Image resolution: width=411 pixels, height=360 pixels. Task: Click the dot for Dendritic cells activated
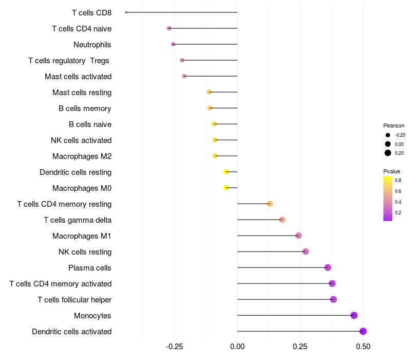363,331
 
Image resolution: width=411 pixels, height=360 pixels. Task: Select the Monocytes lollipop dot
354,315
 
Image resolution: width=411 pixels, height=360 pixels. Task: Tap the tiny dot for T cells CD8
126,12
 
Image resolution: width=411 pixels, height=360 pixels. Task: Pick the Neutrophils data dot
173,44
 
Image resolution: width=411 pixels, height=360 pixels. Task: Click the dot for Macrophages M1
298,236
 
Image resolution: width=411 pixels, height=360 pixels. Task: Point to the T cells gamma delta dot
282,220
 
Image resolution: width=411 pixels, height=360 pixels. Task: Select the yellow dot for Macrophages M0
226,188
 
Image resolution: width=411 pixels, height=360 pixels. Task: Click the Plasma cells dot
328,267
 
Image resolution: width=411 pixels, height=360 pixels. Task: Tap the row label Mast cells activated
78,77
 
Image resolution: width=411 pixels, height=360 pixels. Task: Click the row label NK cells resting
85,252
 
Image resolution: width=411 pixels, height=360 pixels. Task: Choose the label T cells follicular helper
74,300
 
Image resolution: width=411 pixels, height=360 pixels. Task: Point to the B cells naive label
90,124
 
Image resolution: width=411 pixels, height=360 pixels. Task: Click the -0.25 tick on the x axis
174,347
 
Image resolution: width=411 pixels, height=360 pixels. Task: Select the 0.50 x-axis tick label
363,347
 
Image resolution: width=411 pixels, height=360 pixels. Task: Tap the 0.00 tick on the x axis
237,347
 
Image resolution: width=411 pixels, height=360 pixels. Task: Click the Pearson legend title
394,125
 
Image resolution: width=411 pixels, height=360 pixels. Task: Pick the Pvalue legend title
391,171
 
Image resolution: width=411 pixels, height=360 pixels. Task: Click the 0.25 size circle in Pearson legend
388,153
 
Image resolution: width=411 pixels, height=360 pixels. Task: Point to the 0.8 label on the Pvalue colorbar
398,181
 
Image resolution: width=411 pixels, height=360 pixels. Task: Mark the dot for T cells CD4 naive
169,28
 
